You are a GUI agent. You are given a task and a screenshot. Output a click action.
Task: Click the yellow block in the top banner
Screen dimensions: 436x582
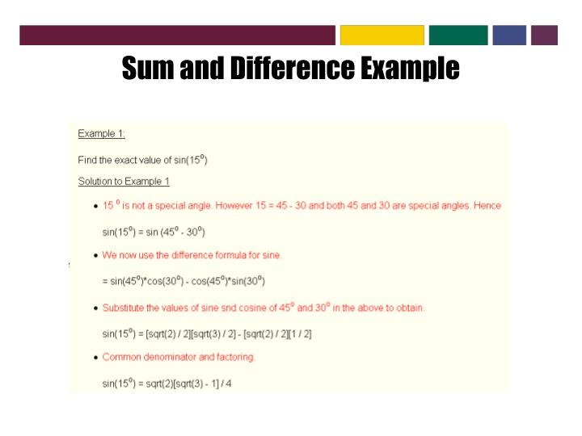(x=382, y=35)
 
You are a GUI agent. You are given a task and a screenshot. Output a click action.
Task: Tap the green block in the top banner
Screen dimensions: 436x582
(x=458, y=35)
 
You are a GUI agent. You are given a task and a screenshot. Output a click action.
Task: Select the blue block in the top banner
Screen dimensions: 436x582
(x=509, y=35)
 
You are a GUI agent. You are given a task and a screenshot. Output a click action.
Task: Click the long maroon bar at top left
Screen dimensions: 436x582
(x=177, y=35)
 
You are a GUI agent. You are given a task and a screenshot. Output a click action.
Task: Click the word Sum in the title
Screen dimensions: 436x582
(x=148, y=69)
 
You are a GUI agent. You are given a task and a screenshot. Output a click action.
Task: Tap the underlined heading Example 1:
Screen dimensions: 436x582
(x=101, y=133)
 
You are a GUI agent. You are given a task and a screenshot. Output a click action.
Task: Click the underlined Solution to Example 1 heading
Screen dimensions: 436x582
(x=124, y=181)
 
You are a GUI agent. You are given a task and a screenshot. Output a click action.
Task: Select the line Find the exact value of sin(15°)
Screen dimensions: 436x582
(x=142, y=159)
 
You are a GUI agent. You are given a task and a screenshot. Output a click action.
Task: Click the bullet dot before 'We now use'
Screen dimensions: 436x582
(x=96, y=255)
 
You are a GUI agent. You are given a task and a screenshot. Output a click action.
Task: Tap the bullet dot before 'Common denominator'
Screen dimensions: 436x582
(x=96, y=358)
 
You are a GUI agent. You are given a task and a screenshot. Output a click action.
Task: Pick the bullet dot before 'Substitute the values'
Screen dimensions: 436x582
(x=96, y=308)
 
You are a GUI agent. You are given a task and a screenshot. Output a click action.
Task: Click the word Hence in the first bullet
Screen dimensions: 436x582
(x=487, y=205)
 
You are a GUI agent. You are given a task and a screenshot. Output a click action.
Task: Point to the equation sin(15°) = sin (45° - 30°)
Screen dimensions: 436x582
(x=154, y=232)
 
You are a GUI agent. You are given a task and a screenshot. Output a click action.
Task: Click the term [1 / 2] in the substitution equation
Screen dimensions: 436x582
(x=300, y=333)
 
